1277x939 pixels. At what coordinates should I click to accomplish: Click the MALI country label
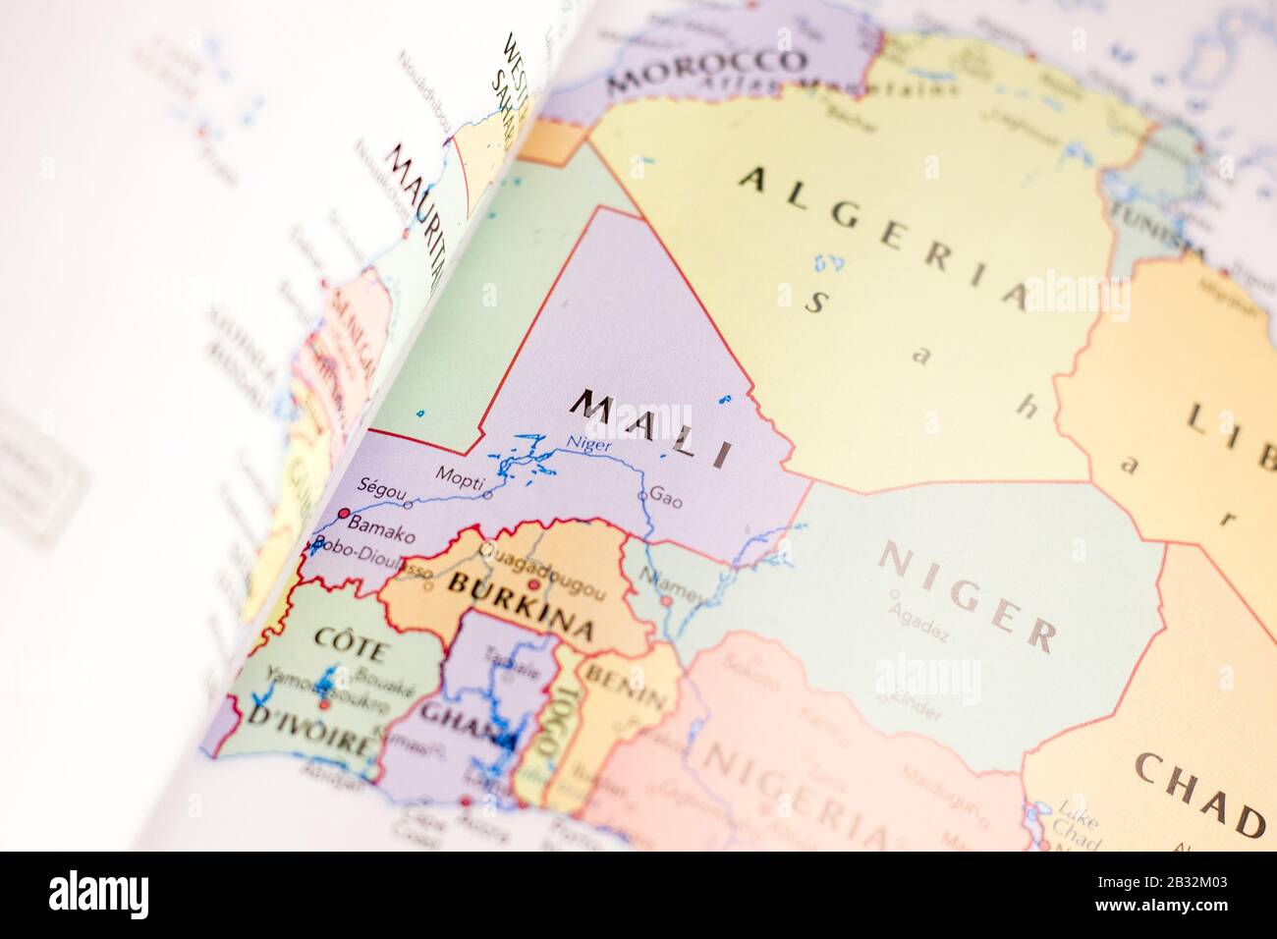click(653, 427)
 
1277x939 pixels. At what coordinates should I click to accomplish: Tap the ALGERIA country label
click(884, 236)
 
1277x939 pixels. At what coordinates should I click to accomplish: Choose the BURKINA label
click(521, 602)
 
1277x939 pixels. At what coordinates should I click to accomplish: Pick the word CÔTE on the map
click(351, 643)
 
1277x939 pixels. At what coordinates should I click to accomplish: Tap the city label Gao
click(666, 499)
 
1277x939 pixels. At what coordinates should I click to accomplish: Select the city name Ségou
click(380, 486)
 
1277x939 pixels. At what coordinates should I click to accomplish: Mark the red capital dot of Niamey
click(666, 600)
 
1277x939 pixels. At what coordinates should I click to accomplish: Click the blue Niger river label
click(589, 445)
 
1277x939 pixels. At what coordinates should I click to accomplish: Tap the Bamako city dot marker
click(344, 513)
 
